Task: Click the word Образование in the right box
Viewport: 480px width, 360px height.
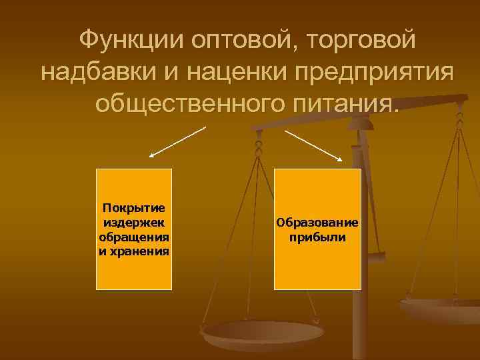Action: pyautogui.click(x=318, y=223)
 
